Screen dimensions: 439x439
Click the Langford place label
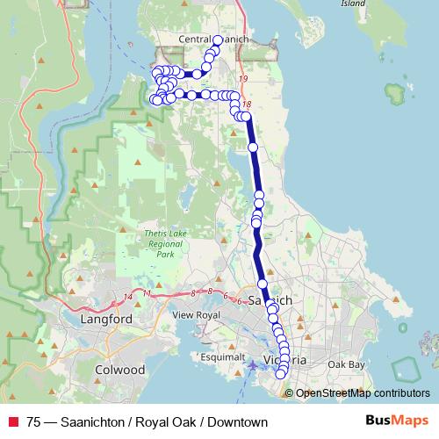point(106,319)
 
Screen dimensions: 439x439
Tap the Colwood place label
point(120,370)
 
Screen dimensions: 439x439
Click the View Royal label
point(195,314)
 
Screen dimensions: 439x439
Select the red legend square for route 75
point(13,422)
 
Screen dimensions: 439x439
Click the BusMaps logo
point(396,421)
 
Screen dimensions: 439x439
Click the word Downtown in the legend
point(236,422)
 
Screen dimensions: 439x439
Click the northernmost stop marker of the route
point(218,40)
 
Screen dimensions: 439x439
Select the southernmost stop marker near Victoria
point(281,375)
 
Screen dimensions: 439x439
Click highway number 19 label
point(243,80)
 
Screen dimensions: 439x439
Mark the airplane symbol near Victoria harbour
point(253,364)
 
